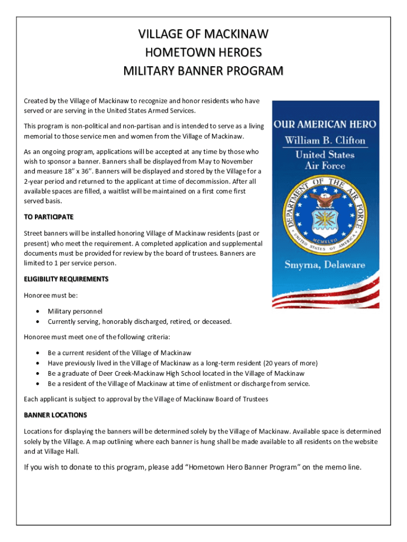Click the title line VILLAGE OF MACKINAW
[x=203, y=35]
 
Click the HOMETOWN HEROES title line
[x=203, y=53]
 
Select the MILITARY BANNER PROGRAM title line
[x=203, y=71]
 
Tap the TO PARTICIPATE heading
[x=49, y=218]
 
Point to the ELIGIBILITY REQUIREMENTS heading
[x=66, y=279]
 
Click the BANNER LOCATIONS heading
[x=55, y=415]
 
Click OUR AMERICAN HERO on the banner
[x=325, y=125]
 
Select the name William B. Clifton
[x=325, y=141]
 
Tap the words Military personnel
[x=75, y=312]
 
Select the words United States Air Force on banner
[x=325, y=160]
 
